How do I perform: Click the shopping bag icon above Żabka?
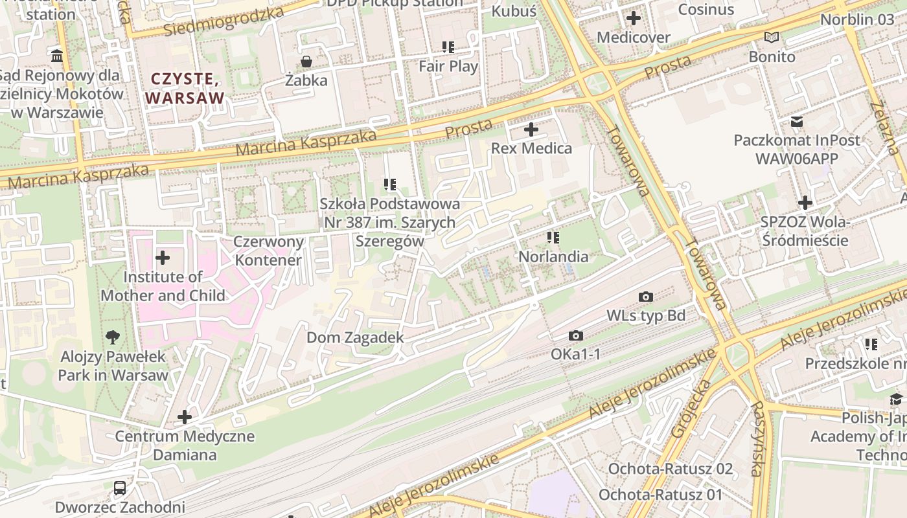pos(306,62)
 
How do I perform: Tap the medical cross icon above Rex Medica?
pos(531,129)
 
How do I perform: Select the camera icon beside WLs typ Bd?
pos(646,297)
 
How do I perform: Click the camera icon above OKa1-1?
pos(575,335)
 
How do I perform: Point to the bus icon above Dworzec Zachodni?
pos(120,488)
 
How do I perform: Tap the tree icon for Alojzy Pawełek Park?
pos(113,337)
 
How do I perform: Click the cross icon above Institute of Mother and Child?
pos(163,258)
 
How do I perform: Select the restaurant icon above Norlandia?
pos(553,238)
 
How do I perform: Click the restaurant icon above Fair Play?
pos(448,47)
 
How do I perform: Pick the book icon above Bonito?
pos(771,37)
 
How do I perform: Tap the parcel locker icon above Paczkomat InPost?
pos(797,121)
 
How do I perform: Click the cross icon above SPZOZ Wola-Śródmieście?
pos(805,203)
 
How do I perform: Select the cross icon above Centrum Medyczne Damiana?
pos(185,416)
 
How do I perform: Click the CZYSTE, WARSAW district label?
pos(185,89)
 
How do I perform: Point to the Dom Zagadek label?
pos(355,337)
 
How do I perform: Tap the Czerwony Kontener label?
pos(268,251)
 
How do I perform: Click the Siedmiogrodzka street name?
pos(224,21)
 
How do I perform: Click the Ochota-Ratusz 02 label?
pos(670,469)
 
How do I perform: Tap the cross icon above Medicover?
pos(634,18)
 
